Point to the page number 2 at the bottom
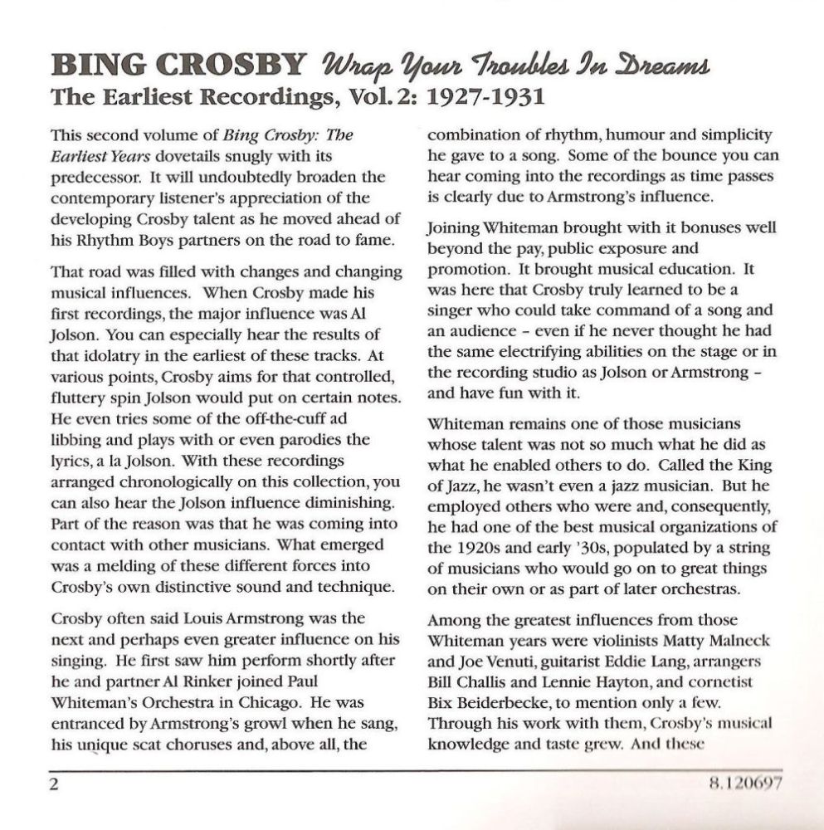point(56,784)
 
